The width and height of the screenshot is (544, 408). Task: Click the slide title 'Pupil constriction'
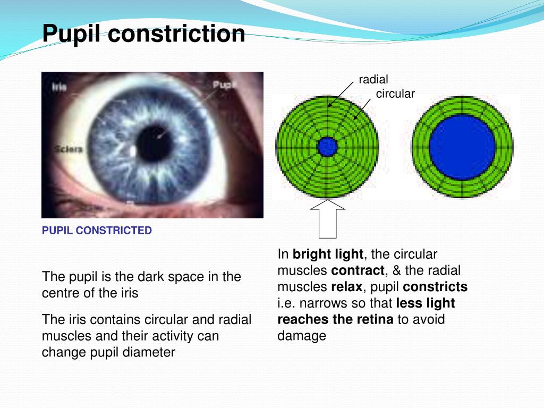click(x=143, y=34)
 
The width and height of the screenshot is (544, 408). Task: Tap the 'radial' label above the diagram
click(x=373, y=80)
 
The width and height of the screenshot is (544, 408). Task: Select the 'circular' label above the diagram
click(x=395, y=94)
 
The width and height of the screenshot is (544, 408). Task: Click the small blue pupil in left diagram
click(x=327, y=147)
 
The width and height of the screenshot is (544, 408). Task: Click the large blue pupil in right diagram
click(x=462, y=147)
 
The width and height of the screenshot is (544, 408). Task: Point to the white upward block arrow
click(x=327, y=218)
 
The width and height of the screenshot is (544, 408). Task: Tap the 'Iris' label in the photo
click(x=59, y=87)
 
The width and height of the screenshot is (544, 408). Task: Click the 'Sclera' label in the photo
click(x=67, y=149)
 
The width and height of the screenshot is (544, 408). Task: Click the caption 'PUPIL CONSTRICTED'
click(x=97, y=231)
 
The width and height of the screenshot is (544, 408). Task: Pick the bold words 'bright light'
click(x=328, y=254)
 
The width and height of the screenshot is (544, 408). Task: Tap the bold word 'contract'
click(x=357, y=270)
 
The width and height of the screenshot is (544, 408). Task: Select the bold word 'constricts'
click(x=435, y=287)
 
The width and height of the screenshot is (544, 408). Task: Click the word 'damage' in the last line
click(x=301, y=336)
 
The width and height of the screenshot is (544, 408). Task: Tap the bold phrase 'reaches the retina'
click(x=335, y=319)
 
